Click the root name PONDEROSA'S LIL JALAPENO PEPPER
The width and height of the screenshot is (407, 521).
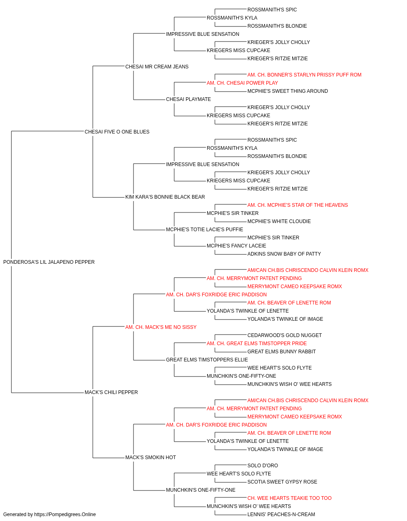pyautogui.click(x=49, y=262)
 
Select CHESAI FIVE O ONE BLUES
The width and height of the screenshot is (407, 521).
pyautogui.click(x=117, y=131)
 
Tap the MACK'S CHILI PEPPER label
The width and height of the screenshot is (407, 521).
pyautogui.click(x=111, y=392)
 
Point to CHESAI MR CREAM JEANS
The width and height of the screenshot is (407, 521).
pyautogui.click(x=157, y=67)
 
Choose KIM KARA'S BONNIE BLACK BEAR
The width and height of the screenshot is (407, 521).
pyautogui.click(x=165, y=197)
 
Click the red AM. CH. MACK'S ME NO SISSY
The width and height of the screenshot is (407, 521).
pyautogui.click(x=161, y=327)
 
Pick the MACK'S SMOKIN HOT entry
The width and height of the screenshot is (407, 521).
pyautogui.click(x=151, y=457)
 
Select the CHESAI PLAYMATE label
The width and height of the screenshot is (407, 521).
pyautogui.click(x=188, y=99)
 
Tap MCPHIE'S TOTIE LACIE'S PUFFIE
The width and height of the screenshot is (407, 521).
pyautogui.click(x=204, y=230)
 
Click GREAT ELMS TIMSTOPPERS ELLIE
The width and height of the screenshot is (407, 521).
pyautogui.click(x=207, y=360)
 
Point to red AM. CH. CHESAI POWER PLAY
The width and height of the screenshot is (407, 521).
pyautogui.click(x=242, y=83)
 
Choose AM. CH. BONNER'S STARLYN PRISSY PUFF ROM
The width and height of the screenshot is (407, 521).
pyautogui.click(x=304, y=75)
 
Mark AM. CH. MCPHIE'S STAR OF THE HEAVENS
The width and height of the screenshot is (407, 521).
pyautogui.click(x=298, y=205)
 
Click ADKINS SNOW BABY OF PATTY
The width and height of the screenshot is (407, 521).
pyautogui.click(x=284, y=254)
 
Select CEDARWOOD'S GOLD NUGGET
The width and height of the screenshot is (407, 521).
pyautogui.click(x=284, y=335)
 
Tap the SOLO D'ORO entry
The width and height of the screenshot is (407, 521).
pyautogui.click(x=263, y=465)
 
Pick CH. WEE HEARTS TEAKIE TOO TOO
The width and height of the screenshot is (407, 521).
pyautogui.click(x=289, y=498)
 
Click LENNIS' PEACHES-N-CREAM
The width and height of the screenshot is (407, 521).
pyautogui.click(x=281, y=514)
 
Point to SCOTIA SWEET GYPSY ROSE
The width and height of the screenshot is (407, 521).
pyautogui.click(x=282, y=482)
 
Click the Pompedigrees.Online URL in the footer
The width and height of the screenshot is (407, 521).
pyautogui.click(x=65, y=514)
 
